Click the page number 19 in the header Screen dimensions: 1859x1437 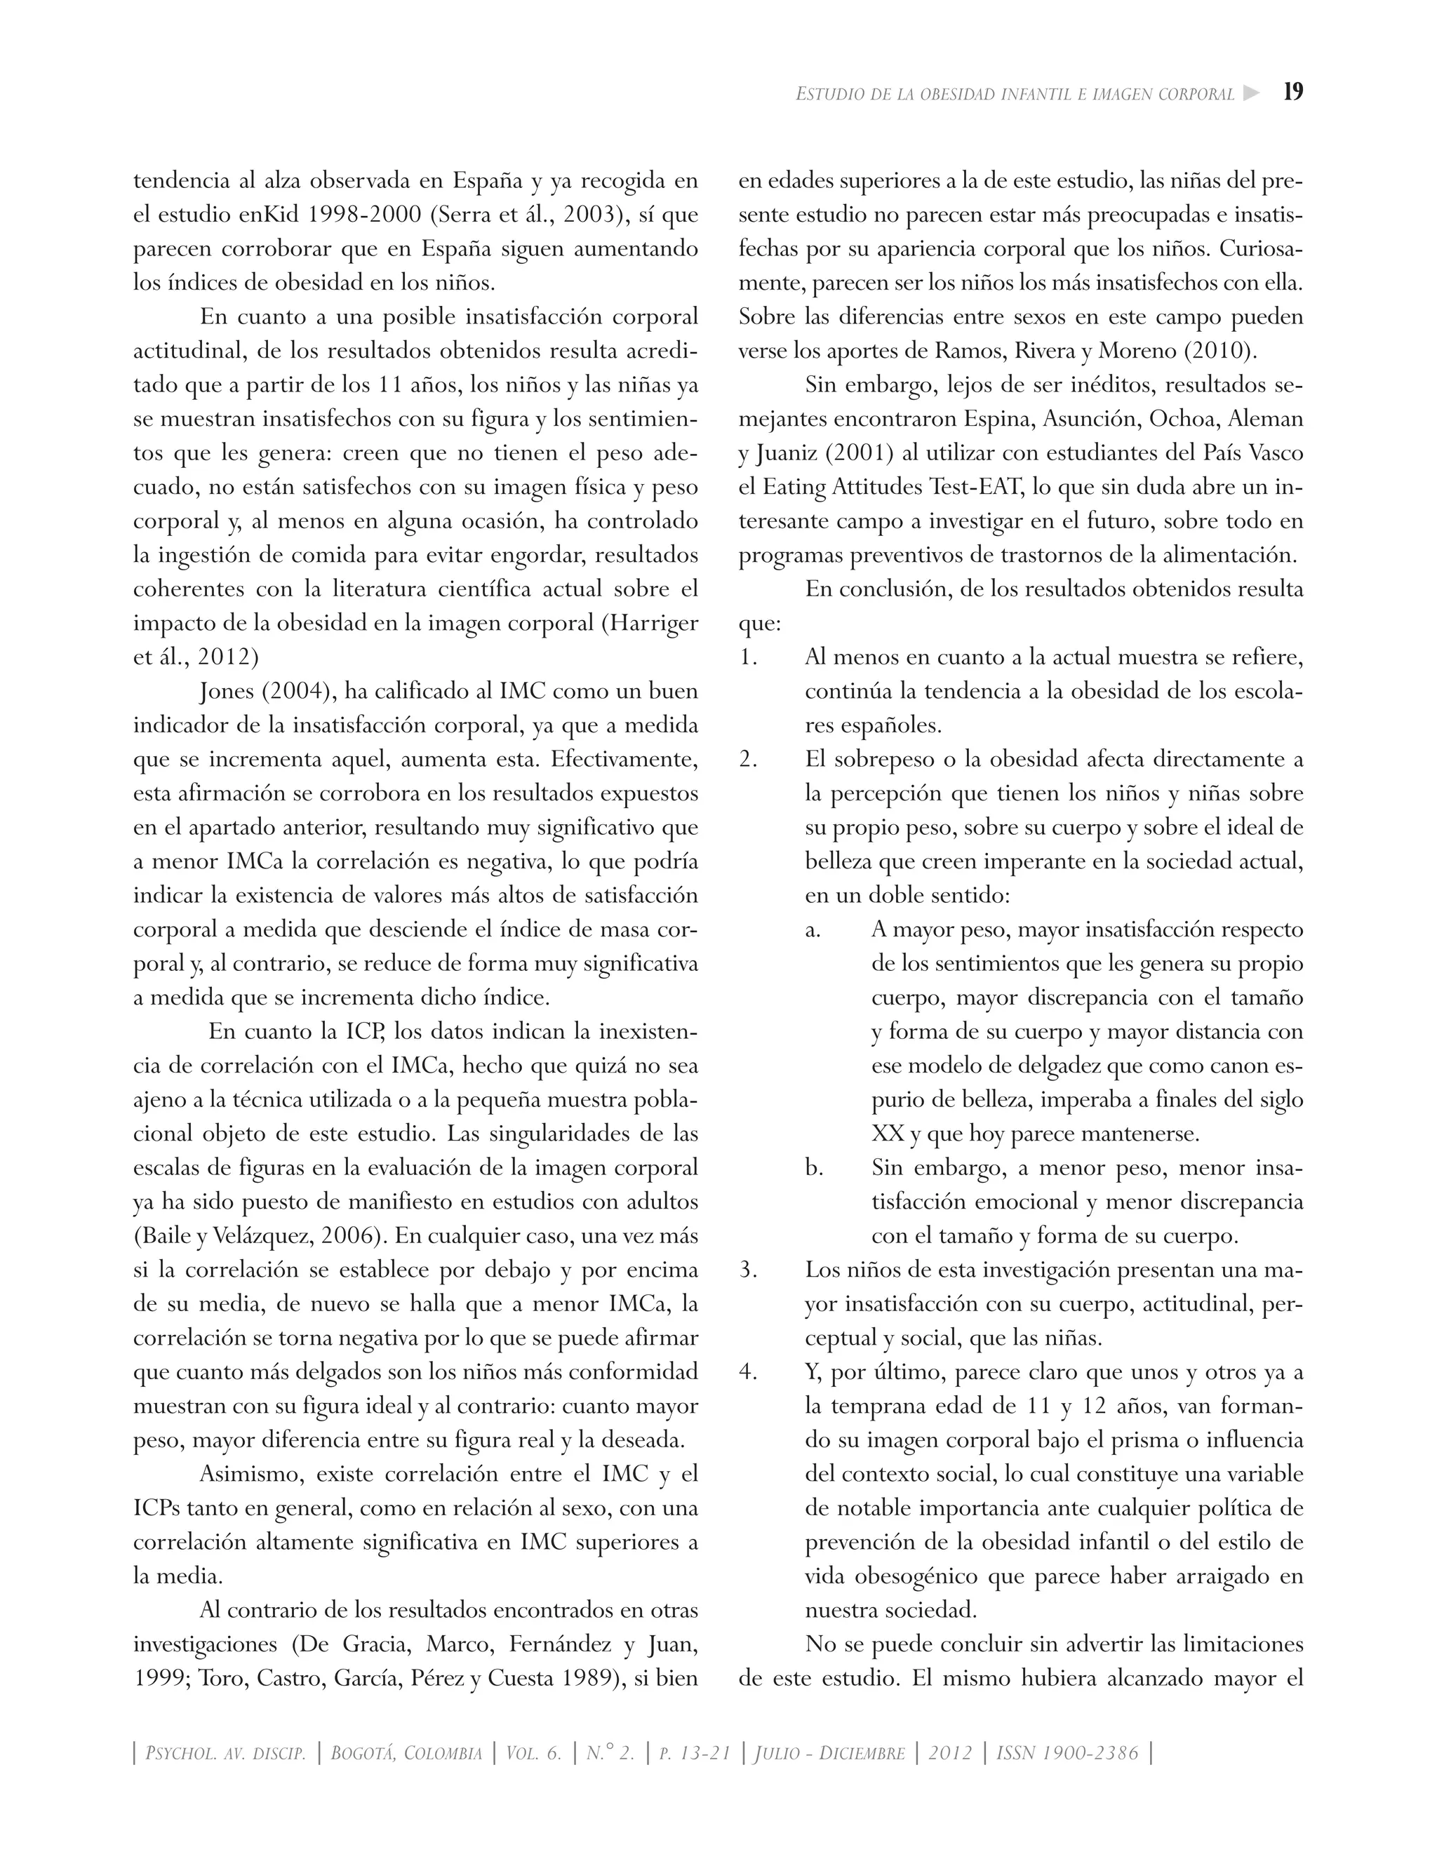(1292, 92)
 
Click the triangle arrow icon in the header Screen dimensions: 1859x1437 (1250, 93)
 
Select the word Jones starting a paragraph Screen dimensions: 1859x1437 (227, 691)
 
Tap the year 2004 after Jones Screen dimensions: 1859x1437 (295, 691)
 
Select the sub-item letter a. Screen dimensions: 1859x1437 (813, 930)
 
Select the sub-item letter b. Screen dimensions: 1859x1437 (814, 1168)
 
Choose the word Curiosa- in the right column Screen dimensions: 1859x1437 (1260, 248)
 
